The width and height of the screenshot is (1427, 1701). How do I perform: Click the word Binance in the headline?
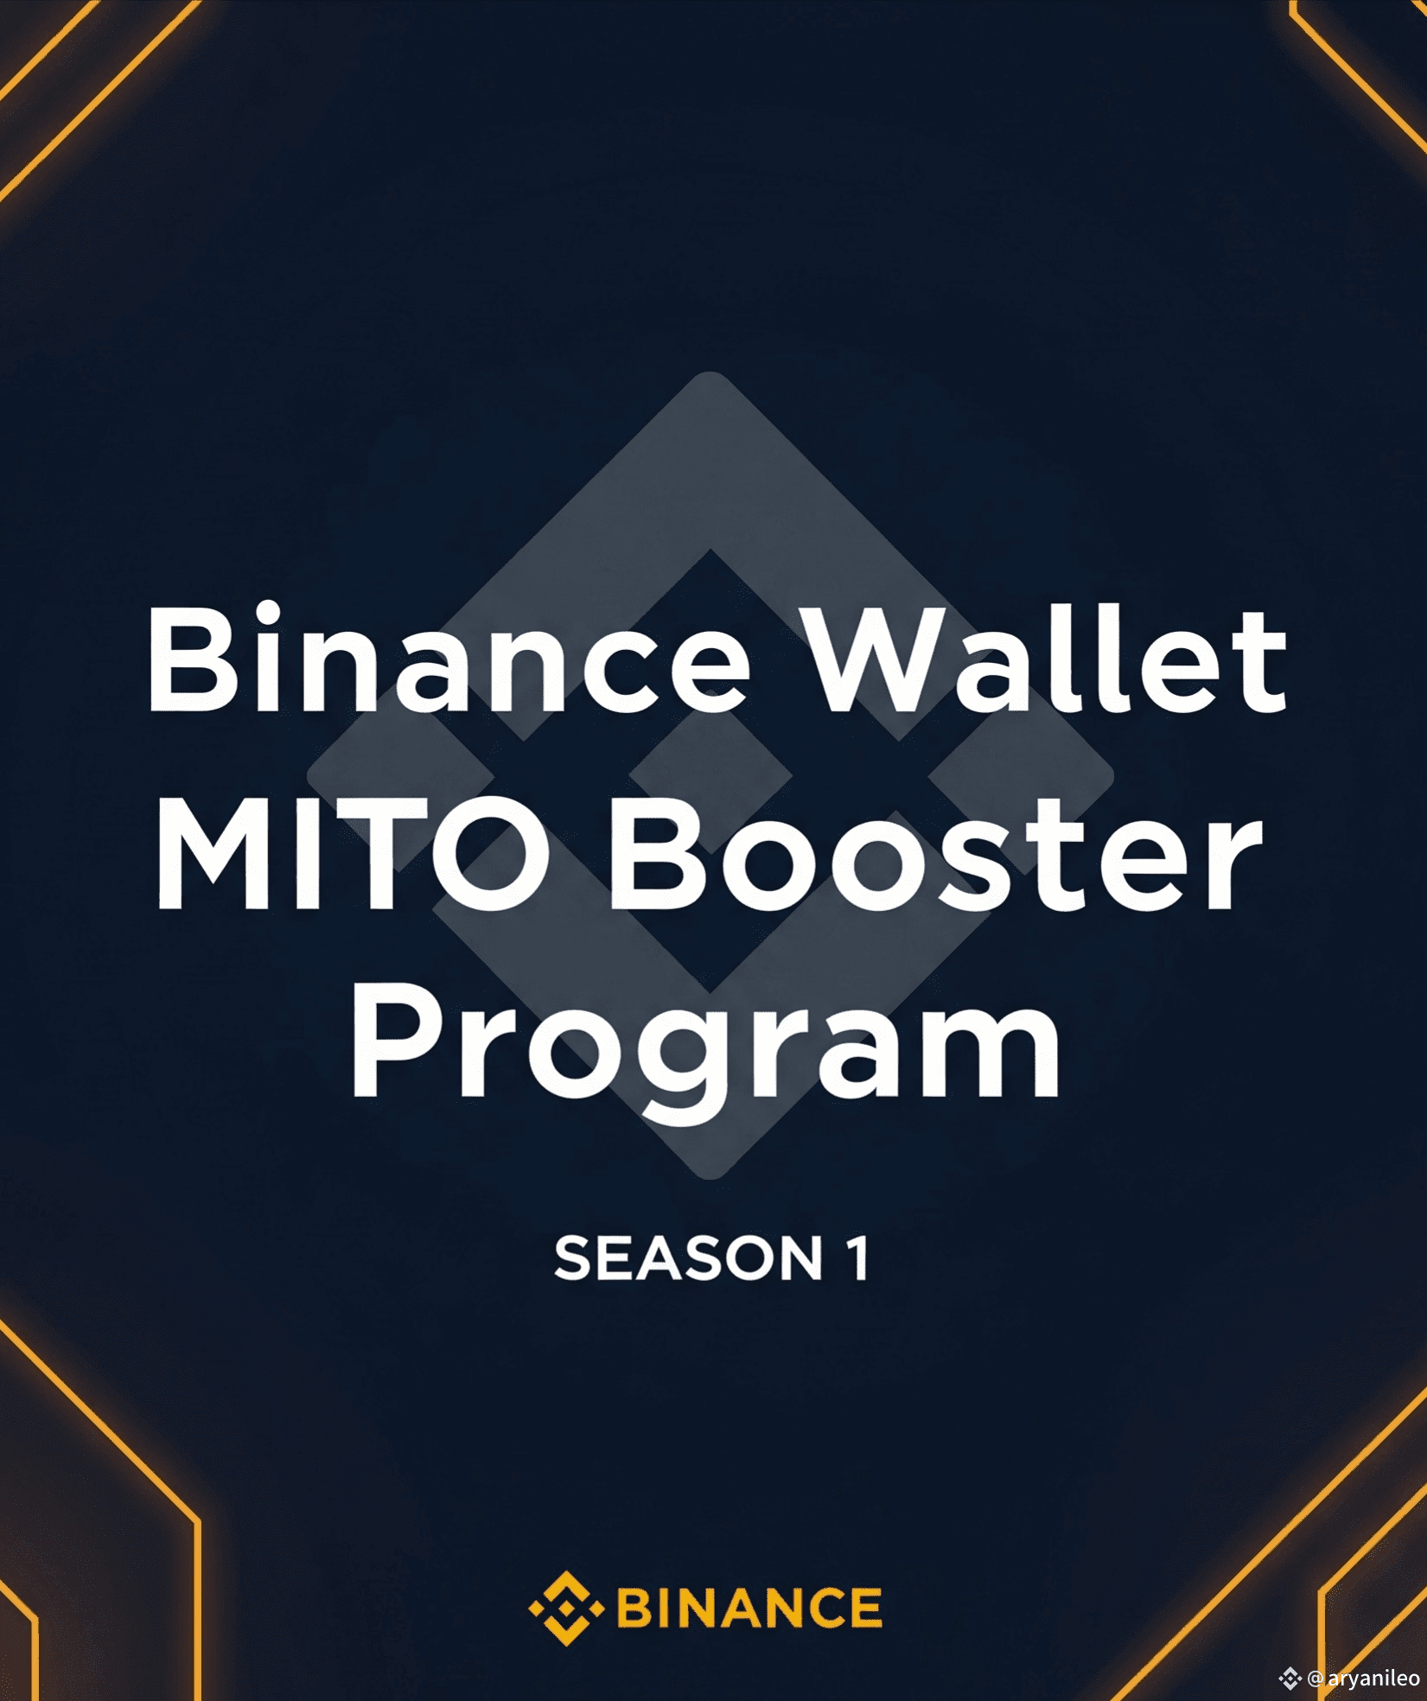pos(448,658)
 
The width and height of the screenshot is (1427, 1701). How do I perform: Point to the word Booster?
pos(936,855)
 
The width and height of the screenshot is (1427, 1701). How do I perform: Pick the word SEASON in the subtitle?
pos(689,1258)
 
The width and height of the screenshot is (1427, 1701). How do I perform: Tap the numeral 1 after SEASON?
pos(857,1258)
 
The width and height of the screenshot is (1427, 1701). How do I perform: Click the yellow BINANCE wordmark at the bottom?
pos(749,1608)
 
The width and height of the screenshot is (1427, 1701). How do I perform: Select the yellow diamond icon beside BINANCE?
pos(566,1608)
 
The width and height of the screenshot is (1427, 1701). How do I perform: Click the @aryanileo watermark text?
pos(1364,1679)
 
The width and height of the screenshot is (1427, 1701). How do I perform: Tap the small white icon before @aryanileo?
pos(1290,1679)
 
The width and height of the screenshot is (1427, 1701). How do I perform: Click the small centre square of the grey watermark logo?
pos(710,774)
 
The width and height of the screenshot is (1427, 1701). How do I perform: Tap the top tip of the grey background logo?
pos(710,373)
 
